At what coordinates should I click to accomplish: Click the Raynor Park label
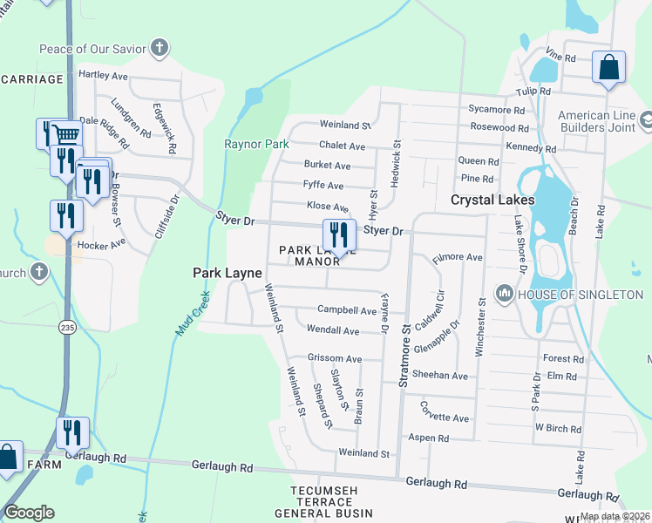[x=256, y=144]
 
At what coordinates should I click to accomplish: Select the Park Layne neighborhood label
[x=227, y=273]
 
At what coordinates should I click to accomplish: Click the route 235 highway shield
[x=68, y=326]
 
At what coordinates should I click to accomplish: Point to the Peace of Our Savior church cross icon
[x=160, y=47]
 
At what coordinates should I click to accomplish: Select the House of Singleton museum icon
[x=504, y=295]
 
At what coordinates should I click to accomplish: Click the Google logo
[x=29, y=513]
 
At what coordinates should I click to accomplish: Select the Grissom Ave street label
[x=334, y=358]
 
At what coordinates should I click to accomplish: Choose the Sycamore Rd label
[x=496, y=111]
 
